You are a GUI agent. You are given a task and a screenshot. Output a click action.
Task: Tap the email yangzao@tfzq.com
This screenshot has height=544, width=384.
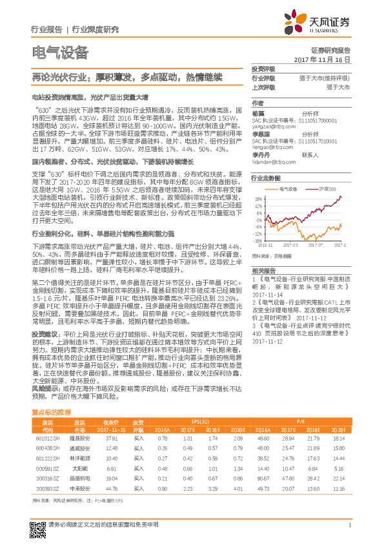click(x=270, y=127)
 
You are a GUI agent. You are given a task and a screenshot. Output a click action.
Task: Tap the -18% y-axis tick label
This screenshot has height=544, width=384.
click(x=258, y=240)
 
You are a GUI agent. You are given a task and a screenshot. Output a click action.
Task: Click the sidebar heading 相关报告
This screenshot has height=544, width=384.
click(x=263, y=270)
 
